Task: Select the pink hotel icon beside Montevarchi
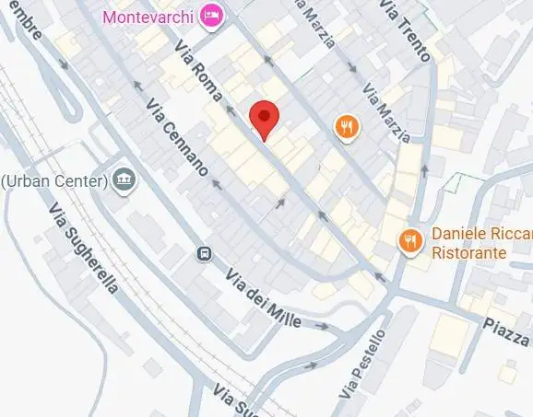[x=213, y=16]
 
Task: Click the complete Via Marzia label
[x=386, y=112]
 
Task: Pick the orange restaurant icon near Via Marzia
[x=347, y=128]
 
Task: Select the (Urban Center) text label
[x=53, y=180]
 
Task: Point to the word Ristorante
[x=469, y=251]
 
